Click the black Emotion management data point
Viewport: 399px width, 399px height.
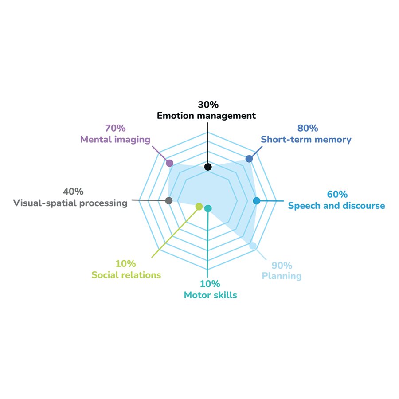tap(208, 167)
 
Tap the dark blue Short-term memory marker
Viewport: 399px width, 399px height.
tap(249, 159)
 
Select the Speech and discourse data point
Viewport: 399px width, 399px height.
tap(256, 201)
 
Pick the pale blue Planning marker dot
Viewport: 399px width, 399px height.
tap(253, 246)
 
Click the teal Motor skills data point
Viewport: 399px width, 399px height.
tap(208, 208)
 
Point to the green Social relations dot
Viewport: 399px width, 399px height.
tap(199, 206)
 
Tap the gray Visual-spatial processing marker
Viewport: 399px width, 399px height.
tap(168, 201)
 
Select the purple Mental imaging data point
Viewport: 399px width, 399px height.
tap(169, 163)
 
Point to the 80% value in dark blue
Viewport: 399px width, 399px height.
tap(308, 129)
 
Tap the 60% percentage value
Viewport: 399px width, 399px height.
tap(337, 195)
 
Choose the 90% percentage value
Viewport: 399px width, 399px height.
tap(282, 266)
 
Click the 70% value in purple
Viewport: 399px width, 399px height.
tap(115, 129)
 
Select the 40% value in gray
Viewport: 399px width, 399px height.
tap(73, 192)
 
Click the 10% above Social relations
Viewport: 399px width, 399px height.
tap(126, 264)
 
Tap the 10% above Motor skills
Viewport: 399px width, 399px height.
tap(210, 284)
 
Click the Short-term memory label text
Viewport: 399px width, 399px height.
tap(306, 140)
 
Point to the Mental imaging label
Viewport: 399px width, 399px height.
tap(115, 140)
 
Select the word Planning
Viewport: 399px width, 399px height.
tap(282, 276)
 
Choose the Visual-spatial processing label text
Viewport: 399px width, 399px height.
tap(70, 203)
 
